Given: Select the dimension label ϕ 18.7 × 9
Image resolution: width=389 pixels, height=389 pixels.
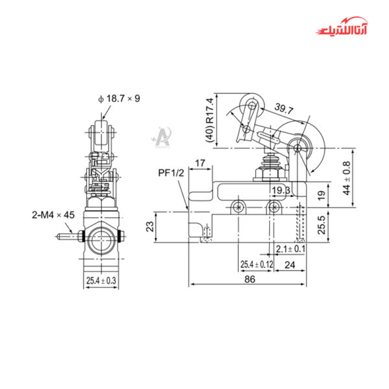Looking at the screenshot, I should [x=119, y=98].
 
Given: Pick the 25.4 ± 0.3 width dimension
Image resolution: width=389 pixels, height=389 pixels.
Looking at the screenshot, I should [x=101, y=280].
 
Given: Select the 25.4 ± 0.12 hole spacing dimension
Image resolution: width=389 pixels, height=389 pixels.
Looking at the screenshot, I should [x=257, y=264].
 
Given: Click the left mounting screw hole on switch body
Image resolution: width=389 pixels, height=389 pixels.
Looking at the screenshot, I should [x=241, y=207].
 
